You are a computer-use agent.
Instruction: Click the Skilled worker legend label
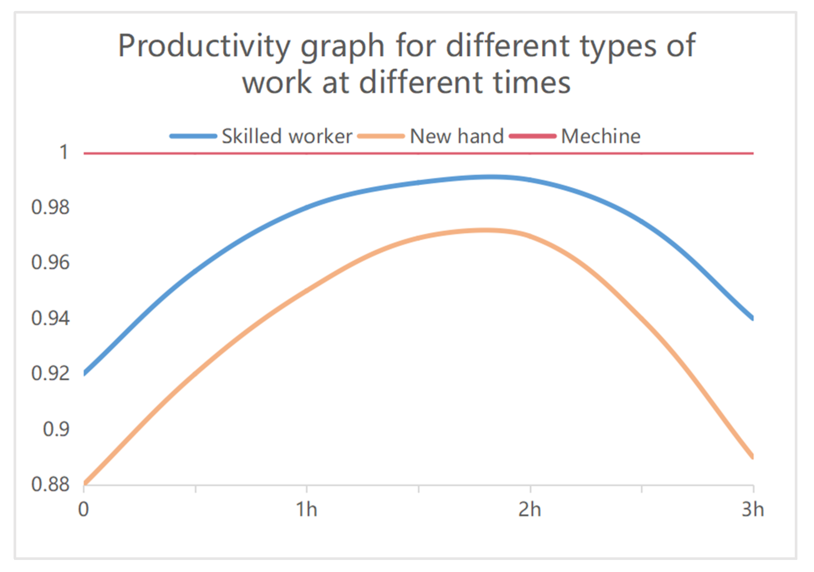[287, 136]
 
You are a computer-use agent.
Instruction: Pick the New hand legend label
[457, 136]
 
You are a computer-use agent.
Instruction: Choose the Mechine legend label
[601, 136]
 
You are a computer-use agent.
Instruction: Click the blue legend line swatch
[193, 136]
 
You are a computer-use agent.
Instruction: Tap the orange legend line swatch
[381, 136]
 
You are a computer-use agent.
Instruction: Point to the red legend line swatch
[532, 136]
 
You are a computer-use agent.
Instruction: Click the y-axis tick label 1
[64, 153]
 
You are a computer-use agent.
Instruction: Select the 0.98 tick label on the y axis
[51, 207]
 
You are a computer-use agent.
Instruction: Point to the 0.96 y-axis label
[51, 262]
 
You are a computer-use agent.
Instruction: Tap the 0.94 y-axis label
[51, 318]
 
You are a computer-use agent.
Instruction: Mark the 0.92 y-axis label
[51, 374]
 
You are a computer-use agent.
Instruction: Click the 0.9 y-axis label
[56, 429]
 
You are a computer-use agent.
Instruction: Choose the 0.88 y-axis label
[51, 484]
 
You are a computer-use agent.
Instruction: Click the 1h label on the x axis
[306, 509]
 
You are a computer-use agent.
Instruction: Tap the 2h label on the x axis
[530, 509]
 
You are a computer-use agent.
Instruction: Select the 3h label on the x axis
[753, 509]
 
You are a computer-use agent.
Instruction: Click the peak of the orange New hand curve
[486, 230]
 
